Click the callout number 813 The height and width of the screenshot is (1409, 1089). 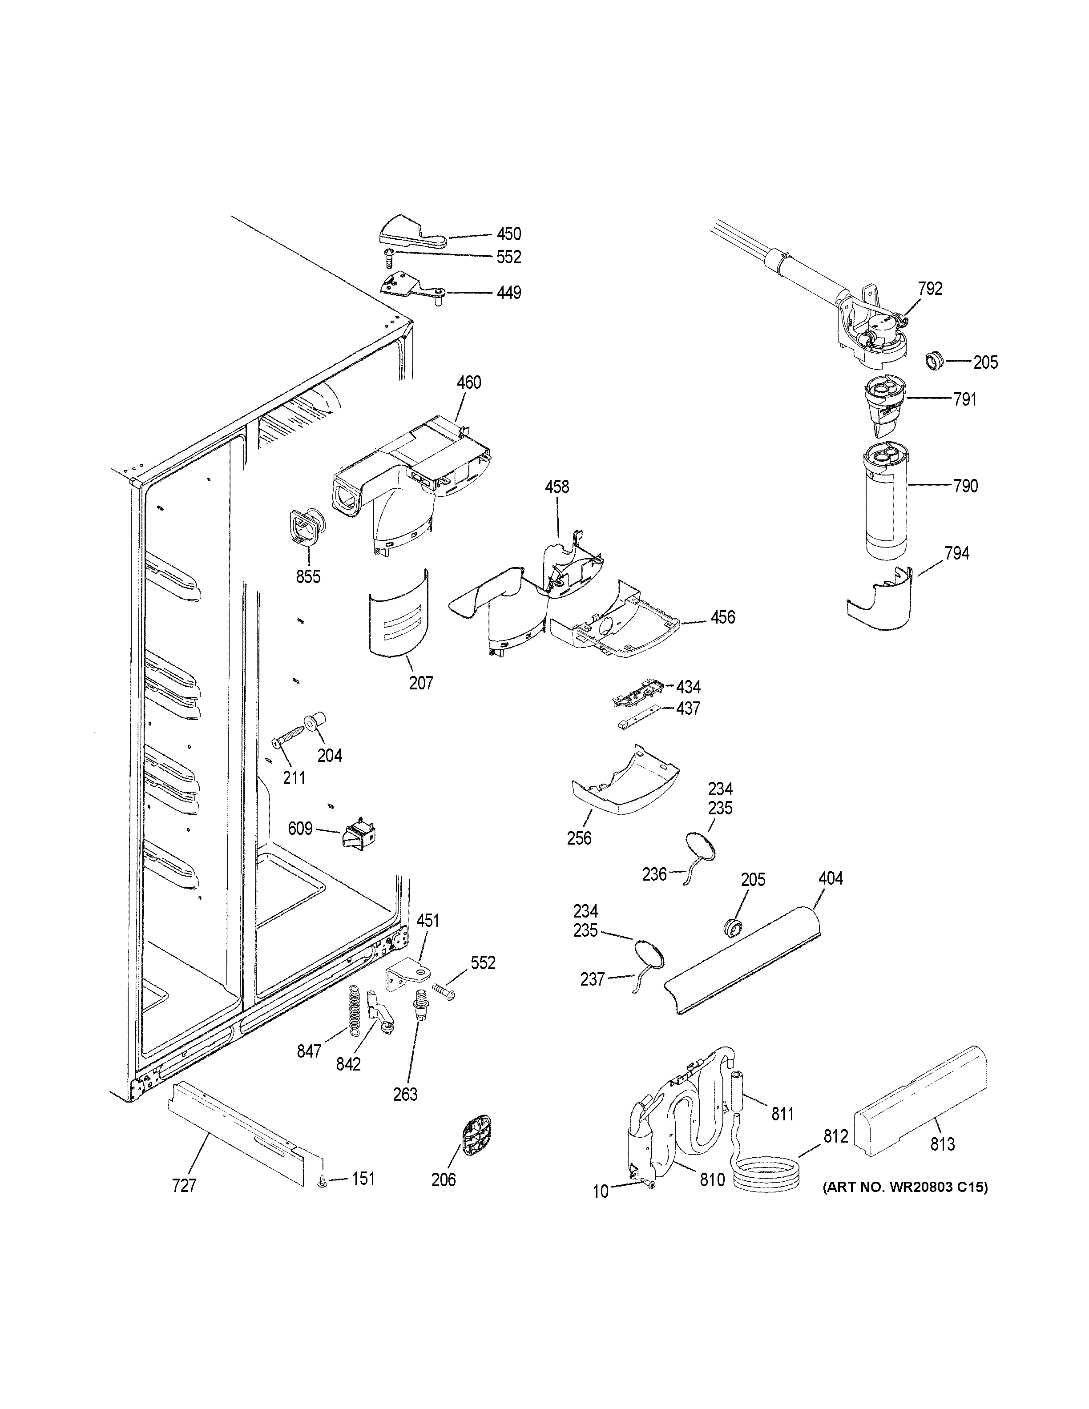tap(943, 1144)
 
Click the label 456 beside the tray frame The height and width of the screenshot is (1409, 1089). tap(722, 617)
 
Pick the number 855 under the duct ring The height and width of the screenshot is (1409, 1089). tap(308, 576)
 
